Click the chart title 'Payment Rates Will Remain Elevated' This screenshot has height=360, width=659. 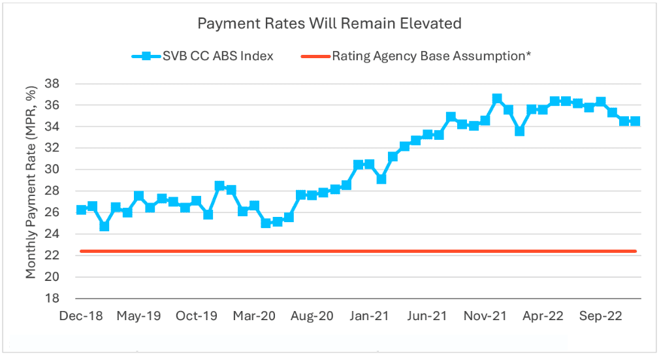pos(329,24)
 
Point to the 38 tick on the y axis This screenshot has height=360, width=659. pos(52,84)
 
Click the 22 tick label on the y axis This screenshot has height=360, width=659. pos(52,255)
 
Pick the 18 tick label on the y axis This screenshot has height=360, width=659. pos(52,299)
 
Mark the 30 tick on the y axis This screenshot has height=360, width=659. pos(52,170)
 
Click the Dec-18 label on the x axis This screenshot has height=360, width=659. pos(81,316)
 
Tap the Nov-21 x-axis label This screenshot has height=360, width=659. pos(485,316)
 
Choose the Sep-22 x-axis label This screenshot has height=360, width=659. pos(600,316)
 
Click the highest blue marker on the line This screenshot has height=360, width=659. pos(497,99)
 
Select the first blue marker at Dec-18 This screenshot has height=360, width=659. pos(81,210)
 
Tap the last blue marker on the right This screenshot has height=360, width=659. pos(635,121)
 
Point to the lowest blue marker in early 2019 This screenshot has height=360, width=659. pos(104,226)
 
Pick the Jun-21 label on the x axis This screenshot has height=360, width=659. pos(427,316)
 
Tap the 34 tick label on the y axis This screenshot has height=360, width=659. pos(52,127)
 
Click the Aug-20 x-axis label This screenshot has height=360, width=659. pos(312,316)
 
